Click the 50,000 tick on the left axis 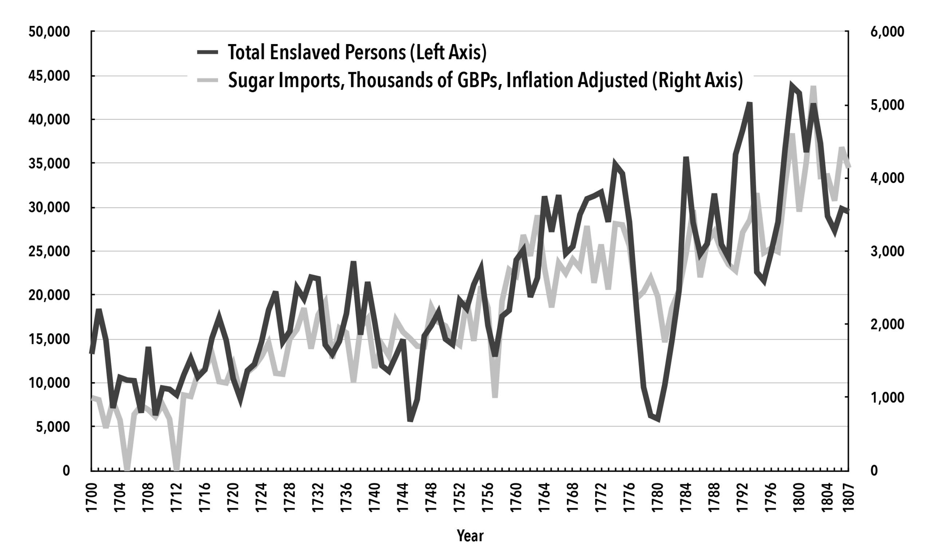(49, 32)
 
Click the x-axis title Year (470, 536)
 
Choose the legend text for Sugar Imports (485, 80)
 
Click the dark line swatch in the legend (208, 52)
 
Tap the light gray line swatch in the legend (208, 80)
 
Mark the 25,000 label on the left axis (49, 251)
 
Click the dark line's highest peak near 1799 (791, 86)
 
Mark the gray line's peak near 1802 (813, 88)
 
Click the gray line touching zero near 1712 (177, 469)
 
